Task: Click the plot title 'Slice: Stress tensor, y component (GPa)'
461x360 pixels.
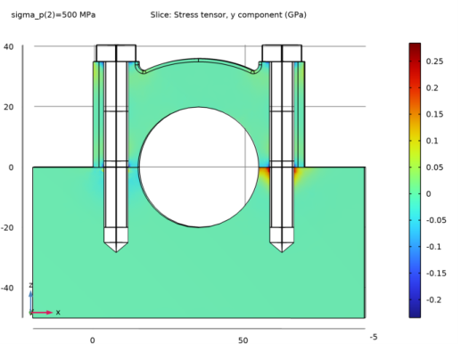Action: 228,15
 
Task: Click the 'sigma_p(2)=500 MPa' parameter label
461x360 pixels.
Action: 54,15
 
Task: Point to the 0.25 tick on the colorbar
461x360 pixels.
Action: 434,61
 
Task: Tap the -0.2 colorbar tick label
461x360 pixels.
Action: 434,299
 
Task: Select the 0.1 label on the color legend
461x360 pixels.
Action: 432,141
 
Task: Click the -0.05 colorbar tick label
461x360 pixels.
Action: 436,220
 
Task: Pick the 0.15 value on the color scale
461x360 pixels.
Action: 434,114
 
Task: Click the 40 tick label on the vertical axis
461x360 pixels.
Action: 9,46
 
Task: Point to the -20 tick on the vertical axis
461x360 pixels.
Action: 7,228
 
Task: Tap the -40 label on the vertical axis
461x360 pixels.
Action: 7,288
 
